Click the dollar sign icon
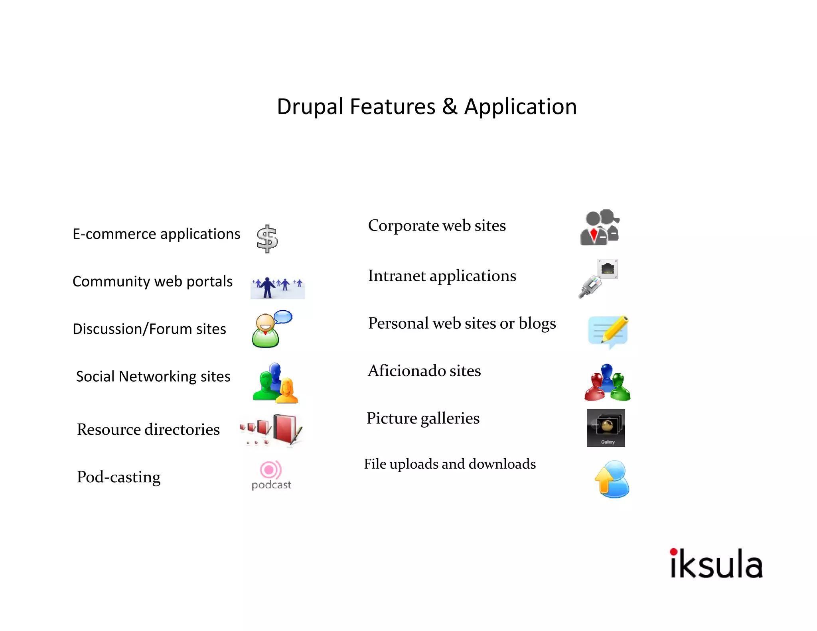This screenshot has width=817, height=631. [x=267, y=239]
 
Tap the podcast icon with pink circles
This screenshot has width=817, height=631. [x=271, y=470]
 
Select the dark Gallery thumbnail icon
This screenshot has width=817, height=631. [x=606, y=428]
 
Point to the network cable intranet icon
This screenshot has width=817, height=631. [x=598, y=278]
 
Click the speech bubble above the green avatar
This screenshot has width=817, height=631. [x=283, y=317]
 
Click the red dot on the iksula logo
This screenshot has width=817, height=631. [x=673, y=552]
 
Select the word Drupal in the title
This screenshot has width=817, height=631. [x=310, y=107]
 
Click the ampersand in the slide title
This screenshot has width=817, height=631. [x=450, y=107]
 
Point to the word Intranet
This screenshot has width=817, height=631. [x=397, y=276]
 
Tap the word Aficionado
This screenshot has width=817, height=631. [x=407, y=371]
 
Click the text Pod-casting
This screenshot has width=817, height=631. [x=118, y=477]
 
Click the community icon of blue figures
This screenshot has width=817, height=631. [x=278, y=287]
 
